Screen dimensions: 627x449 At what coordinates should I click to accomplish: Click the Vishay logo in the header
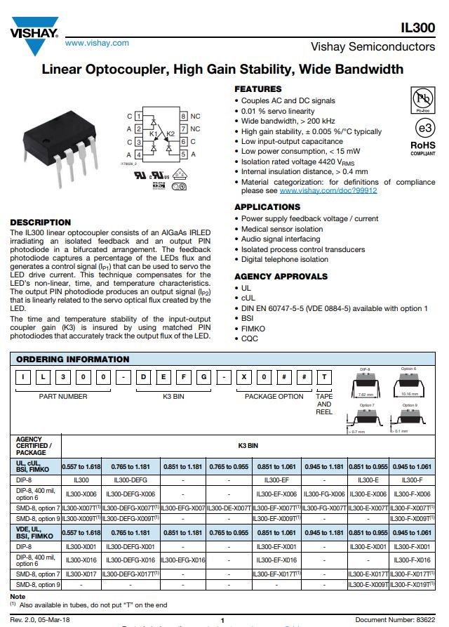pyautogui.click(x=34, y=37)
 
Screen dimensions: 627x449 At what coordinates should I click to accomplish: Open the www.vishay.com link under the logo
pyautogui.click(x=97, y=43)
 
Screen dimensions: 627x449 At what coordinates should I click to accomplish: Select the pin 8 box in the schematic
pyautogui.click(x=183, y=116)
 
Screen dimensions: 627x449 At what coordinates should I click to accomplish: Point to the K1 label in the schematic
pyautogui.click(x=154, y=133)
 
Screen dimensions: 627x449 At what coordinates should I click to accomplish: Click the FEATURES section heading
pyautogui.click(x=258, y=89)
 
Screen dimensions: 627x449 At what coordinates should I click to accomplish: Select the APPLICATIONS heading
pyautogui.click(x=267, y=207)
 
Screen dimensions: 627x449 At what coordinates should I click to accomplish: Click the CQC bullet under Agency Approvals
pyautogui.click(x=250, y=338)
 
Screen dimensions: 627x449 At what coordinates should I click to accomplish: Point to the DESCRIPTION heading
pyautogui.click(x=41, y=222)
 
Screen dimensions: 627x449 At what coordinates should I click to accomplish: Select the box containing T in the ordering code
pyautogui.click(x=324, y=377)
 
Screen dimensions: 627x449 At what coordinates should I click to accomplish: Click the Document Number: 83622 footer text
pyautogui.click(x=395, y=620)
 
